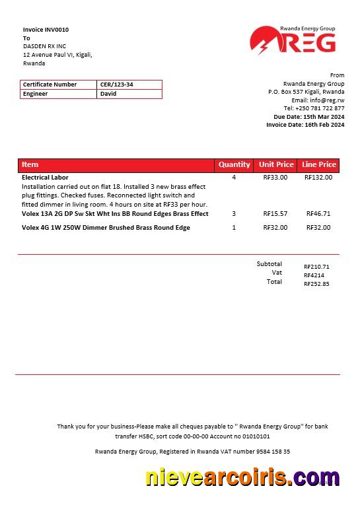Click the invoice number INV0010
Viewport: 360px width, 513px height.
(57, 30)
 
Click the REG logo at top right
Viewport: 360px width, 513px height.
(293, 40)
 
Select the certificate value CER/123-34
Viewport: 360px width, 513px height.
(116, 85)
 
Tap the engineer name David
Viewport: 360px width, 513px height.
(108, 94)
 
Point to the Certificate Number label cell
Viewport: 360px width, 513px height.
(50, 85)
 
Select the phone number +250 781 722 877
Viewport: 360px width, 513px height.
(320, 108)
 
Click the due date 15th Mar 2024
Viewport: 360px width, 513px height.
(324, 117)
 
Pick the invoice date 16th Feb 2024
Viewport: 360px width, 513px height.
(324, 125)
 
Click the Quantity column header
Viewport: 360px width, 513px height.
(234, 164)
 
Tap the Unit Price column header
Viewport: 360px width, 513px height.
(276, 164)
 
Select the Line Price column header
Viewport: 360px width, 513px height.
(319, 164)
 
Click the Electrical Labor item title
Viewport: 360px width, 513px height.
(45, 178)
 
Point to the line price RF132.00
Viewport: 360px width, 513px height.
(318, 178)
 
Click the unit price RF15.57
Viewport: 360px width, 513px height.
(275, 214)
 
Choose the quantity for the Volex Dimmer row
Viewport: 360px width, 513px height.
(234, 228)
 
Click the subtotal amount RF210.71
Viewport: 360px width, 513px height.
(316, 267)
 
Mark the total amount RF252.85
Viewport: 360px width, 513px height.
(316, 284)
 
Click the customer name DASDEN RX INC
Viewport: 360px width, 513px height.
(45, 46)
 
